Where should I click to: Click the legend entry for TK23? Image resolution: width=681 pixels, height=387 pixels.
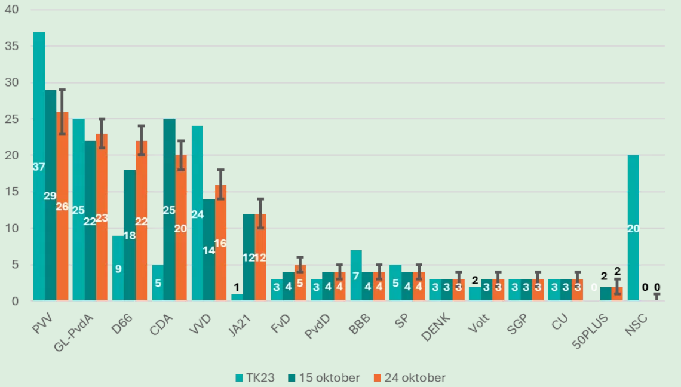coord(256,377)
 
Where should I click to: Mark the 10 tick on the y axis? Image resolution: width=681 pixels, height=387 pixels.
coord(13,228)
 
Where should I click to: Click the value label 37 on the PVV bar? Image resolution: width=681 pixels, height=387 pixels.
coord(39,167)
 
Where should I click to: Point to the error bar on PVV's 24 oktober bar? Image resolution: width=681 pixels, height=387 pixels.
coord(62,112)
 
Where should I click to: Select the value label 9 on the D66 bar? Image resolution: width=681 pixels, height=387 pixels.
coord(118,269)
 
